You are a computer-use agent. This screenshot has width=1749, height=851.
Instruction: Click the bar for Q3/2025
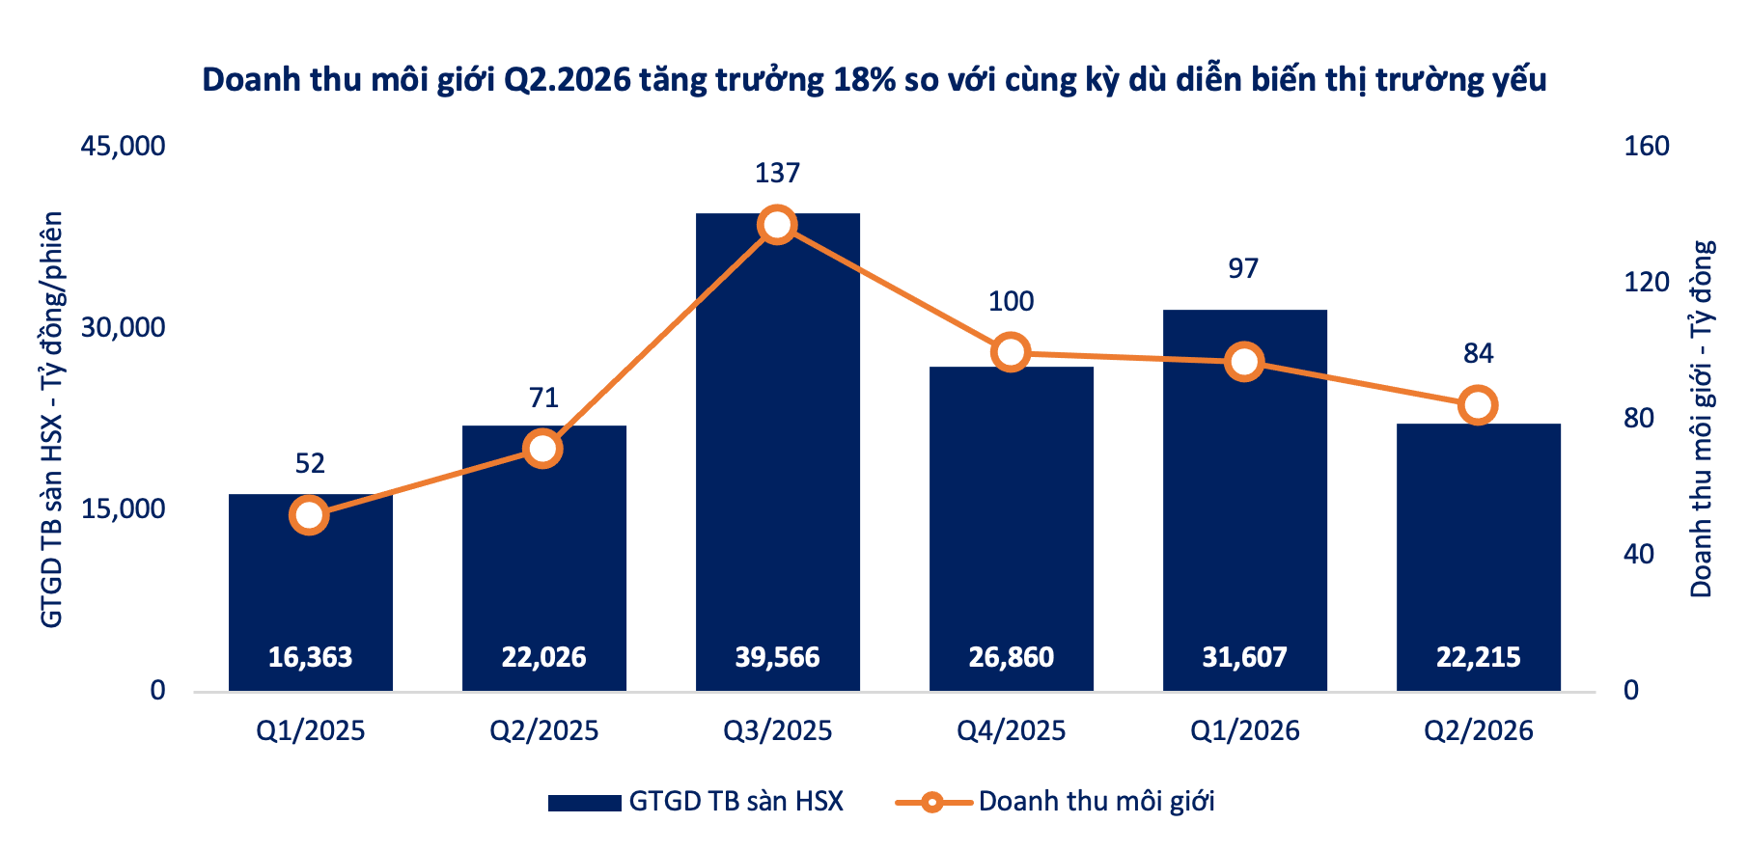pos(777,452)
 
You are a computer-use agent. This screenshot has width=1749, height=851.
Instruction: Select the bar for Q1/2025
pos(310,592)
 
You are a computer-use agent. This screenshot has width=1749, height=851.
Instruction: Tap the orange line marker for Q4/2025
pos(1011,352)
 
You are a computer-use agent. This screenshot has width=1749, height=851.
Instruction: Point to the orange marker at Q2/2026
pos(1478,405)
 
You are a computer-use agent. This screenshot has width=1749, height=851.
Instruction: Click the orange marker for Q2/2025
pos(543,449)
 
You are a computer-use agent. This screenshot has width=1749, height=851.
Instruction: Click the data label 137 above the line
pos(777,173)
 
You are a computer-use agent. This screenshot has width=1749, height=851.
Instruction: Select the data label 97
pos(1244,268)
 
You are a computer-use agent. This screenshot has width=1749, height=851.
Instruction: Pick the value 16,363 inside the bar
pos(310,657)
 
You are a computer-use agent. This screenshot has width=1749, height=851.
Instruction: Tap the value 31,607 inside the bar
pos(1244,657)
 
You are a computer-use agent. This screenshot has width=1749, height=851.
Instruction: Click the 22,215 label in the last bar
pos(1478,657)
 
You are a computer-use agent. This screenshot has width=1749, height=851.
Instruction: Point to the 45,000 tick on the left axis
pos(123,146)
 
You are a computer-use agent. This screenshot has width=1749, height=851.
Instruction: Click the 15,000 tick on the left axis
pos(123,508)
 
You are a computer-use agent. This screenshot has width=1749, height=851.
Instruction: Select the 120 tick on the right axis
pos(1647,282)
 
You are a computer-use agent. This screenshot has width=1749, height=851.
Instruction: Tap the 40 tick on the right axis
pos(1639,554)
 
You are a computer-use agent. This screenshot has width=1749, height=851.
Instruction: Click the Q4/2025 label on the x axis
pos(1011,730)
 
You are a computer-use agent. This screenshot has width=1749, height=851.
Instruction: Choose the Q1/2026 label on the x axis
pos(1244,730)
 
